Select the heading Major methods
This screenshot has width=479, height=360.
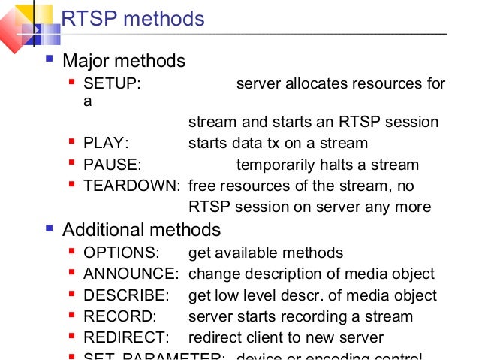tap(123, 60)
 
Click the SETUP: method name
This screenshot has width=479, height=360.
tap(112, 83)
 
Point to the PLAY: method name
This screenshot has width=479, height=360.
tap(106, 143)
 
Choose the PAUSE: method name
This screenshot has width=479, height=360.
tap(113, 165)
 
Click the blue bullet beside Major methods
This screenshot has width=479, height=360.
tap(49, 59)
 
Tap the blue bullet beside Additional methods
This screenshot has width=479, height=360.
tap(49, 228)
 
